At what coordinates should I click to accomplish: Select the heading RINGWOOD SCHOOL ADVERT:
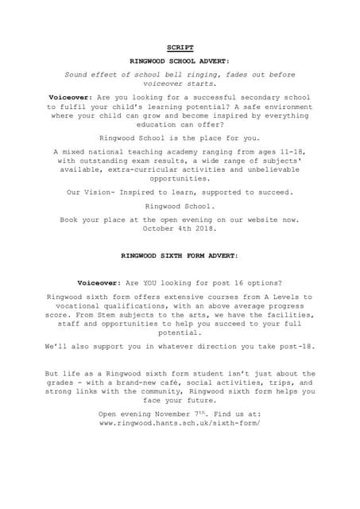pyautogui.click(x=180, y=60)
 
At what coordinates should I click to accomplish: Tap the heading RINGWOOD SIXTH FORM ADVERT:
pyautogui.click(x=180, y=257)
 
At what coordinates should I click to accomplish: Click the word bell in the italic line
pyautogui.click(x=195, y=74)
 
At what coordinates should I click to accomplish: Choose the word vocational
pyautogui.click(x=78, y=305)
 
